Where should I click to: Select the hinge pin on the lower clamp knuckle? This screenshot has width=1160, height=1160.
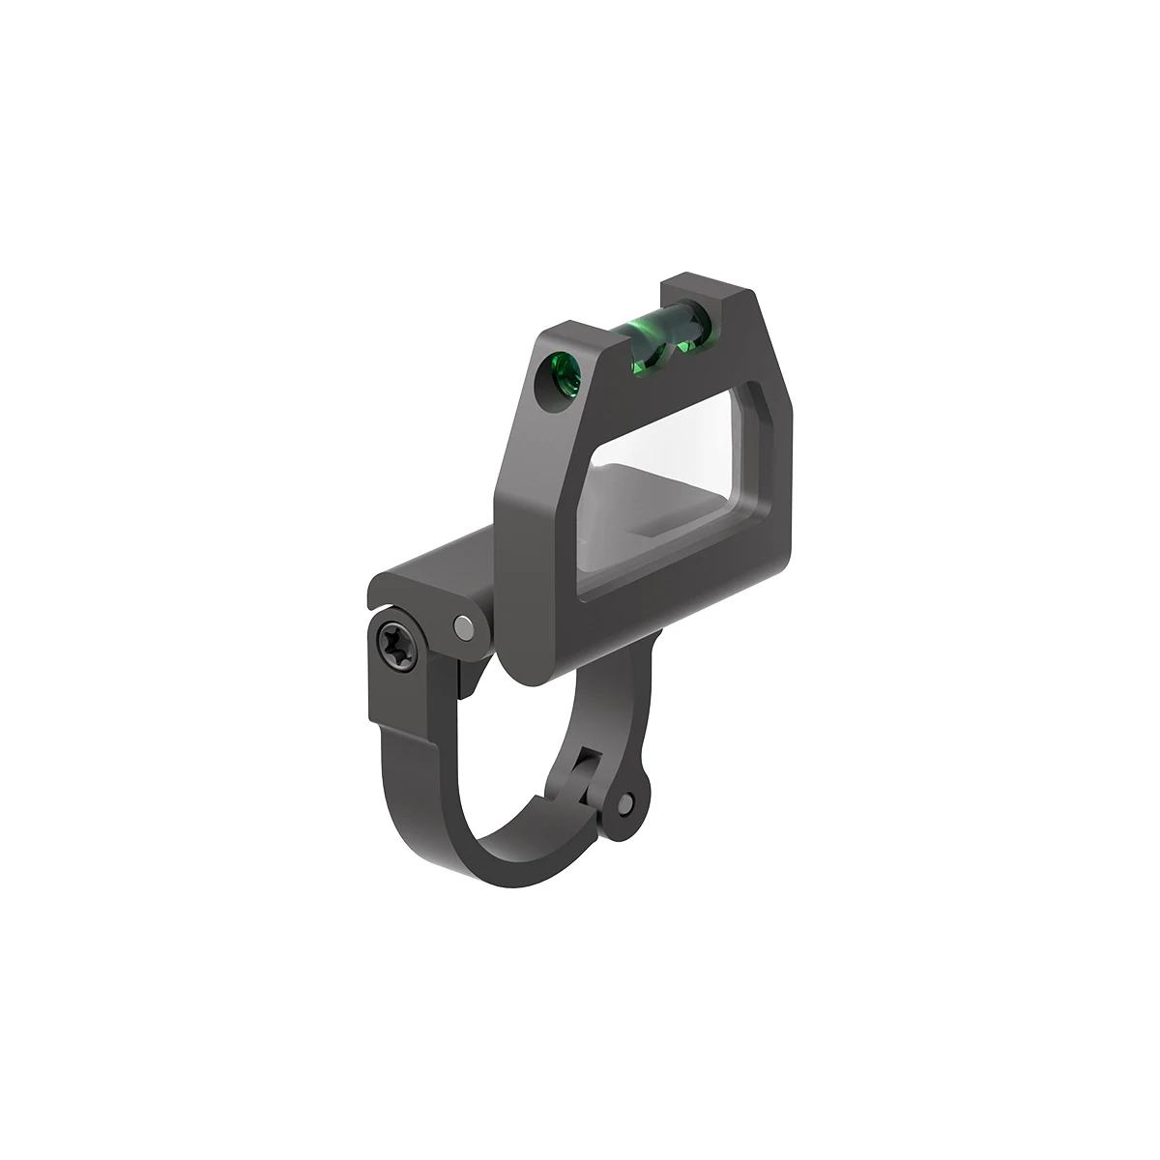point(628,801)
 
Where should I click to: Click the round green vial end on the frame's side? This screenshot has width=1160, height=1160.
point(561,373)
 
